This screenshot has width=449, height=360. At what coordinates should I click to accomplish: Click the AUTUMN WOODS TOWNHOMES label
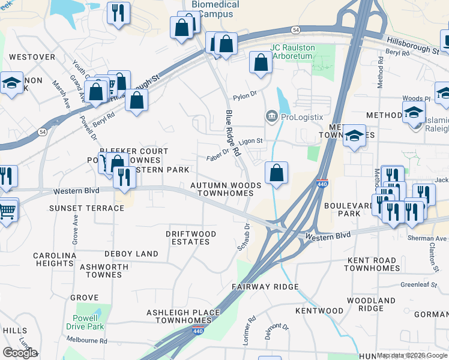pos(226,190)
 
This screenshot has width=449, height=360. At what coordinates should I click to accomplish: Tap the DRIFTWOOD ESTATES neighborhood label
pos(188,237)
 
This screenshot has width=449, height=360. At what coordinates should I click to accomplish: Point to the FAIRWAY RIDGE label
pos(265,287)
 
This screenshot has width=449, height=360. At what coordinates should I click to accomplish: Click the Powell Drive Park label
pos(88,322)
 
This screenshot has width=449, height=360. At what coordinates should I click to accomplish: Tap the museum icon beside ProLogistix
pos(270,116)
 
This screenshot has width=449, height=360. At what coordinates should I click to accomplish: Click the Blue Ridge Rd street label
pos(233,133)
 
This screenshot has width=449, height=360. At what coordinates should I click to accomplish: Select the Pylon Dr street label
pos(245,94)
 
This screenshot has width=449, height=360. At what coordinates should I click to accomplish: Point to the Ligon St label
pos(251,142)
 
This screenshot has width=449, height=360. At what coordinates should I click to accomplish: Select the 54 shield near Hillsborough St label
pos(296,29)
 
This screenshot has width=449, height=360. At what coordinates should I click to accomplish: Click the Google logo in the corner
pos(20,353)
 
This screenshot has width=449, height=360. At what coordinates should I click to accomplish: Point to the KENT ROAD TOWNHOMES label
pos(373,264)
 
